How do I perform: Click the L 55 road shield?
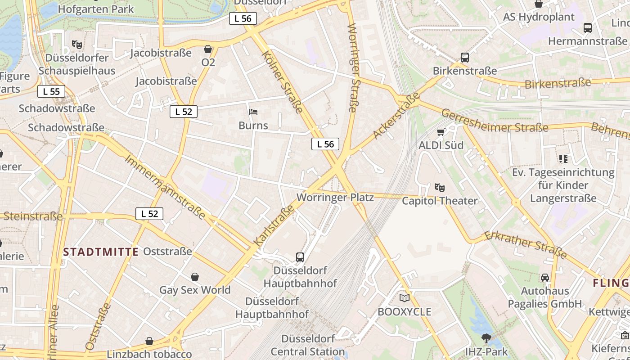click(x=51, y=91)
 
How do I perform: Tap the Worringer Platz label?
click(x=335, y=198)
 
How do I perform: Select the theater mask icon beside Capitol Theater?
click(x=439, y=187)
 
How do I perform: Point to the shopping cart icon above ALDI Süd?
click(x=441, y=132)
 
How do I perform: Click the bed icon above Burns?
click(x=253, y=112)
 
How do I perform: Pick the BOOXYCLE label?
click(x=404, y=312)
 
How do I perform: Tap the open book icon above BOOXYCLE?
click(x=405, y=298)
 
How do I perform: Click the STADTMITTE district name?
click(x=101, y=252)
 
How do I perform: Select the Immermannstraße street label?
click(x=165, y=187)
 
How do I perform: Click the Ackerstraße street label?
click(x=396, y=115)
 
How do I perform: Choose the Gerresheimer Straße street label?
click(x=495, y=121)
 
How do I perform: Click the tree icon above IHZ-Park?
click(x=486, y=338)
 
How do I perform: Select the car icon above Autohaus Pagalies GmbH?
click(x=545, y=277)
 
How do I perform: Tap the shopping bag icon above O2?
click(x=208, y=49)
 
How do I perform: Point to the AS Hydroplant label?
click(x=539, y=17)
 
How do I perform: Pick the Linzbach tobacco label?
click(x=149, y=354)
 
